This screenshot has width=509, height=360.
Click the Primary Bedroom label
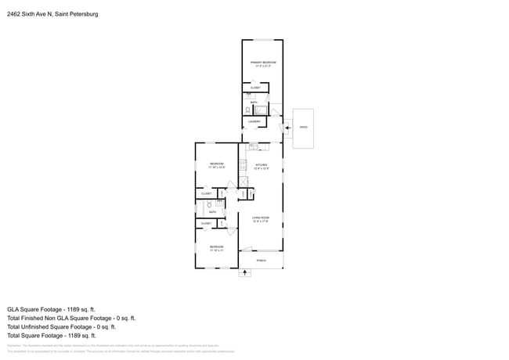pyautogui.click(x=262, y=63)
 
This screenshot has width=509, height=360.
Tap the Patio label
pyautogui.click(x=303, y=127)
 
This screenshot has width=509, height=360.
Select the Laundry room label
pyautogui.click(x=254, y=122)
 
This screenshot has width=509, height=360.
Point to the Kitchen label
pyautogui.click(x=262, y=165)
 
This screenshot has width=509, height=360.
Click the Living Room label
pyautogui.click(x=261, y=218)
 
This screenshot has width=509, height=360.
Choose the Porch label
pyautogui.click(x=261, y=260)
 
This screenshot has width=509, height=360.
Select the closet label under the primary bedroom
pyautogui.click(x=255, y=88)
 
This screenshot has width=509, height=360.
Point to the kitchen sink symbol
pyautogui.click(x=253, y=147)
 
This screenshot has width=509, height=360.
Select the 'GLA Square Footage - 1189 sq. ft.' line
pyautogui.click(x=51, y=309)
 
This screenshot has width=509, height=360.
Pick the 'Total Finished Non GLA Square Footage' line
pyautogui.click(x=71, y=319)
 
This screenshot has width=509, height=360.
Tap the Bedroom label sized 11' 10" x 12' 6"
pyautogui.click(x=217, y=164)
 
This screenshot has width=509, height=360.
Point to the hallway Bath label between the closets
pyautogui.click(x=212, y=211)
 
